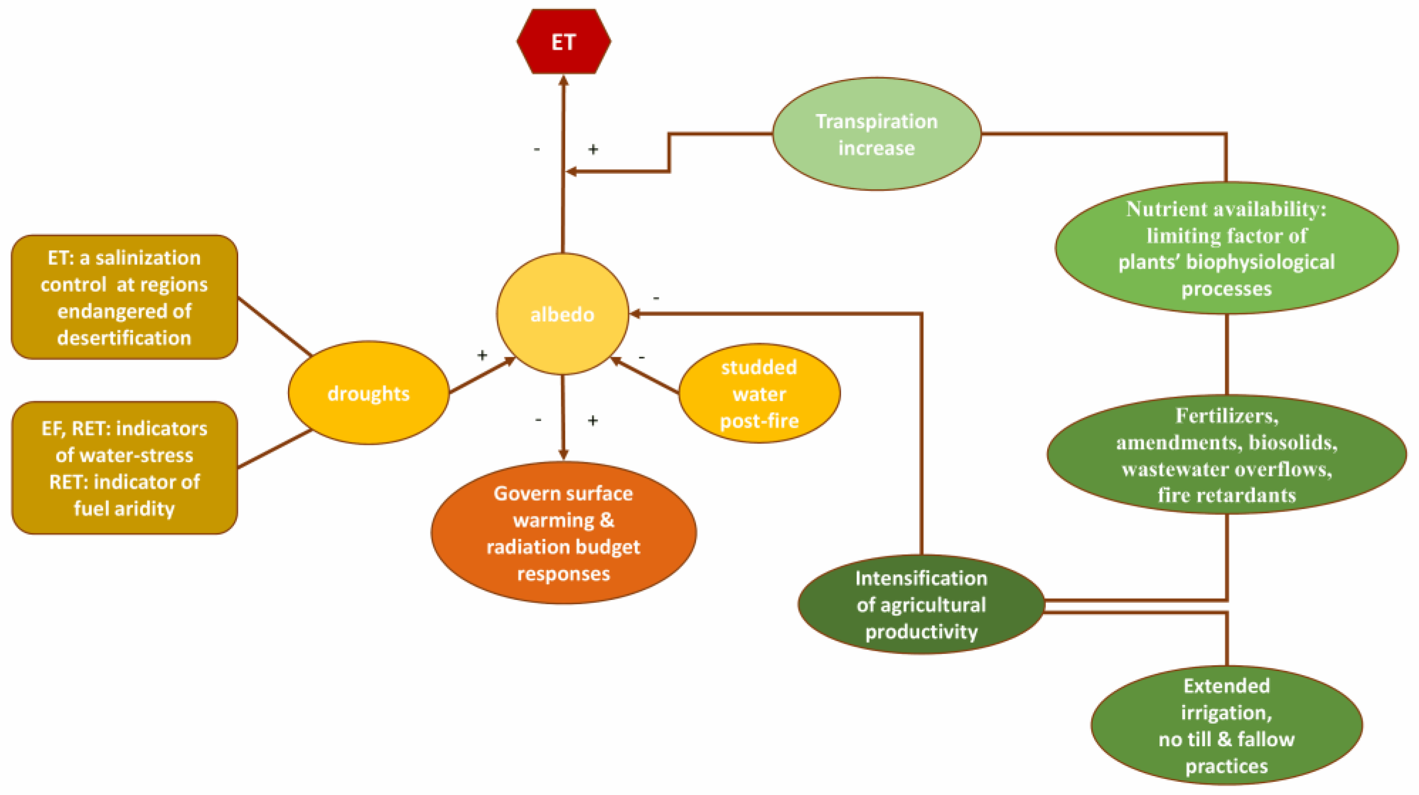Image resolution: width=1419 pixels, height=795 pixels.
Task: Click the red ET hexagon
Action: [563, 41]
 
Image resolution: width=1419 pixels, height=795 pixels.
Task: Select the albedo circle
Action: [562, 314]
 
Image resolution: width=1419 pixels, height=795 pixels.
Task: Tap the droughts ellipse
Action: [368, 393]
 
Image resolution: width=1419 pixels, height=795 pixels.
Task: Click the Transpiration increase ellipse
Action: [876, 134]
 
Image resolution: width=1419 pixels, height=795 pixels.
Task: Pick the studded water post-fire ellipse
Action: [759, 394]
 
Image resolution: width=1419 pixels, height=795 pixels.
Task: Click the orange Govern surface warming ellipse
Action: [563, 533]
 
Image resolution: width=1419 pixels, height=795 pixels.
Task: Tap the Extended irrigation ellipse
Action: [1226, 725]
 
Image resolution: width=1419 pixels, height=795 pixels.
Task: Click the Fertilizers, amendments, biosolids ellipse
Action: [1226, 455]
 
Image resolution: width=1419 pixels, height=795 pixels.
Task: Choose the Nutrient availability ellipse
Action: [1226, 248]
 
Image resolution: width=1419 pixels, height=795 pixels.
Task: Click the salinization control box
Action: [125, 297]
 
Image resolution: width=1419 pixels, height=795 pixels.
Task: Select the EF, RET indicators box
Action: [125, 468]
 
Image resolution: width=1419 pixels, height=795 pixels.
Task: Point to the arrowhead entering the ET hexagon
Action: [563, 80]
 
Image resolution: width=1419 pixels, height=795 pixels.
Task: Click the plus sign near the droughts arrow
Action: [482, 355]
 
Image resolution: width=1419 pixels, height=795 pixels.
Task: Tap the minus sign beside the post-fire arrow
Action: [641, 358]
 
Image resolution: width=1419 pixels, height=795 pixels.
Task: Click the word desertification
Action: [125, 337]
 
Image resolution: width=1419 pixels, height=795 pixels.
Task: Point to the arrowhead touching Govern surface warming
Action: [563, 454]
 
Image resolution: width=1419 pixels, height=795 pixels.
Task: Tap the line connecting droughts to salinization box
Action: [274, 327]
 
